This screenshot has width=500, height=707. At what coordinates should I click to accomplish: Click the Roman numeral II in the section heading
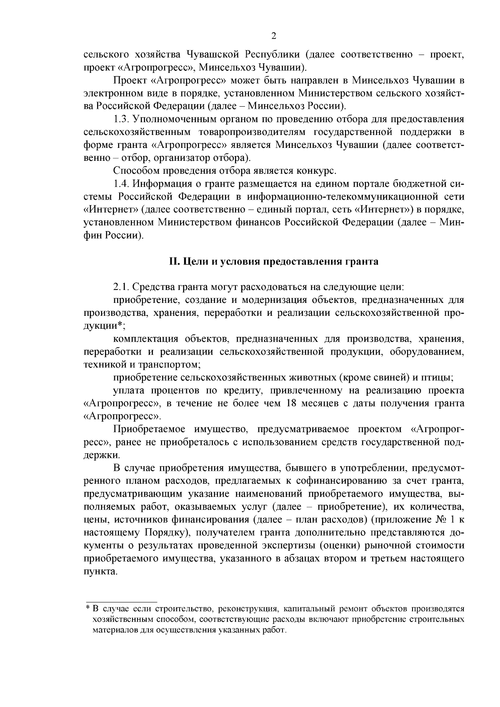(173, 262)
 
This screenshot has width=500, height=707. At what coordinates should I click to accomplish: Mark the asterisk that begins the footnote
(88, 609)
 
